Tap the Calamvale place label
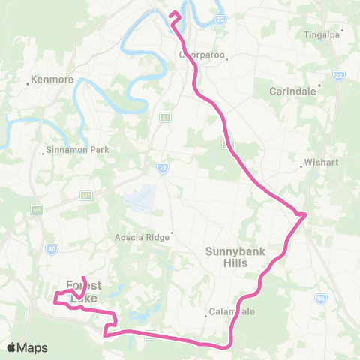[232, 313]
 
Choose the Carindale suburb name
[295, 91]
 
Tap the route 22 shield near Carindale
[339, 76]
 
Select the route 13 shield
[162, 168]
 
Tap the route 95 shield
[322, 298]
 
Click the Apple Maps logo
[27, 347]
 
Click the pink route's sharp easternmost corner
[305, 215]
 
